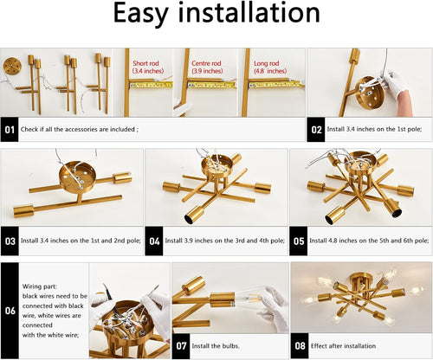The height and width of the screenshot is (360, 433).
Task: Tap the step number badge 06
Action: coord(10,309)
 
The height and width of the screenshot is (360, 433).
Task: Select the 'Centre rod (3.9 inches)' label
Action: coord(207,66)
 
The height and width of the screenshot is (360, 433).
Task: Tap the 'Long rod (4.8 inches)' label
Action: coord(265,66)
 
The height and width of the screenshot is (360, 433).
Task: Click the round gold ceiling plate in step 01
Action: coord(15,68)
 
